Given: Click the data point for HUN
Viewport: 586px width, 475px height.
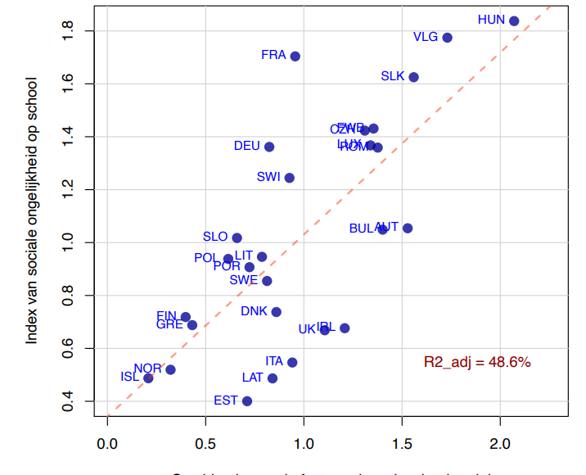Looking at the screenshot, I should pyautogui.click(x=514, y=21).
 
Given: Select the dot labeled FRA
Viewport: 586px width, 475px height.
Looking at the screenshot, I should pyautogui.click(x=295, y=57).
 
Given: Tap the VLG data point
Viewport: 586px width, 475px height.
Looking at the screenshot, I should pyautogui.click(x=447, y=38).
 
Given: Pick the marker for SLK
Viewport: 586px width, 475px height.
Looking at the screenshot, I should pyautogui.click(x=413, y=77).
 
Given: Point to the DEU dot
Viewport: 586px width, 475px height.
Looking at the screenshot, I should pyautogui.click(x=269, y=147).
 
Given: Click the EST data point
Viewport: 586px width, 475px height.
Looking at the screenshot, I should pyautogui.click(x=247, y=401).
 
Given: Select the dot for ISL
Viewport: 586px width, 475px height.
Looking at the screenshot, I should pyautogui.click(x=148, y=378).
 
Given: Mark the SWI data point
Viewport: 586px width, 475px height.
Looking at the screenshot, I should pyautogui.click(x=289, y=178).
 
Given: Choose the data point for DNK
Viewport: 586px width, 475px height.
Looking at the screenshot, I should pyautogui.click(x=277, y=312).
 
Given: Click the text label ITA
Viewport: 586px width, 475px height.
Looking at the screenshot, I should pyautogui.click(x=274, y=361).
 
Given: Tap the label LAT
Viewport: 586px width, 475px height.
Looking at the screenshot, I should pyautogui.click(x=253, y=378).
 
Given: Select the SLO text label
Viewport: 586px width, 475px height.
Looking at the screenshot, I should pyautogui.click(x=215, y=237).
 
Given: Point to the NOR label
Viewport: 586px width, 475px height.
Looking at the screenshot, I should pyautogui.click(x=148, y=369).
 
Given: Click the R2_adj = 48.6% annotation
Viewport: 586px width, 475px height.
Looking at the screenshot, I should pyautogui.click(x=477, y=362).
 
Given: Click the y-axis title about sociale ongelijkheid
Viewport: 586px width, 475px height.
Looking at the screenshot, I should pyautogui.click(x=32, y=210).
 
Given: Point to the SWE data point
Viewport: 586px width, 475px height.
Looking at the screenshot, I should pyautogui.click(x=267, y=281).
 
